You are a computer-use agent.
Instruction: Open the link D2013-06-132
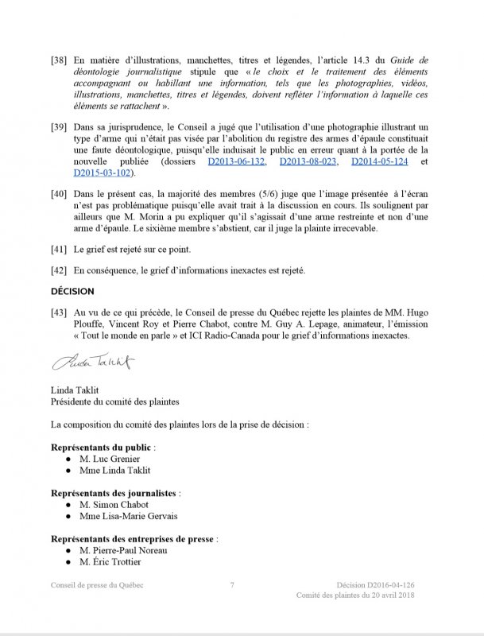(x=237, y=162)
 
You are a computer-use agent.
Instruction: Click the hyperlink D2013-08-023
(x=309, y=162)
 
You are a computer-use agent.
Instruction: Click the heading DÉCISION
(x=72, y=291)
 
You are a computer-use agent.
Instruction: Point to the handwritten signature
(x=93, y=363)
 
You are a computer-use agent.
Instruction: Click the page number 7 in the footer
(x=231, y=585)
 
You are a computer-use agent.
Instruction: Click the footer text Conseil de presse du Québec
(x=99, y=585)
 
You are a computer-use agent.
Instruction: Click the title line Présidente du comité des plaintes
(x=114, y=402)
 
